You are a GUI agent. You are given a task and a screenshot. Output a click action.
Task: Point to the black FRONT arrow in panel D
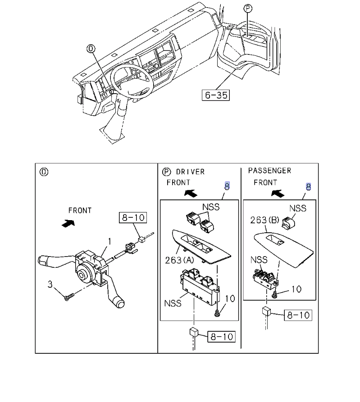pos(66,222)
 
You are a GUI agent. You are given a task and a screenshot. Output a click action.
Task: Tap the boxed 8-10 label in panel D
pos(133,218)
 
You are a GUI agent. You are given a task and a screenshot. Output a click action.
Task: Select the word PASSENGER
pos(269,171)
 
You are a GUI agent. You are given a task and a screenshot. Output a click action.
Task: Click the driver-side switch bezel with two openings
pos(201,247)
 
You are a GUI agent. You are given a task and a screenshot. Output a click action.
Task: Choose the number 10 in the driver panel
pos(229,298)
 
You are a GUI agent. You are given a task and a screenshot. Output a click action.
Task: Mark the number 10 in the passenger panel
pos(296,289)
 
